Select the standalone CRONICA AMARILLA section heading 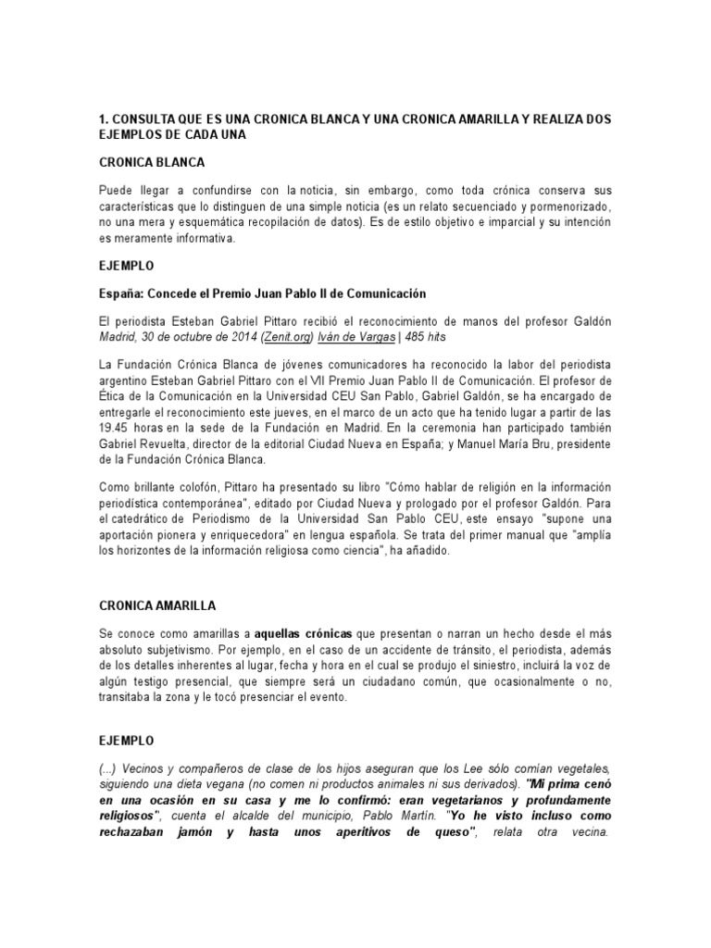pyautogui.click(x=157, y=605)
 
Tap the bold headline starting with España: pyautogui.click(x=262, y=293)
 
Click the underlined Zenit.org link pyautogui.click(x=289, y=338)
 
